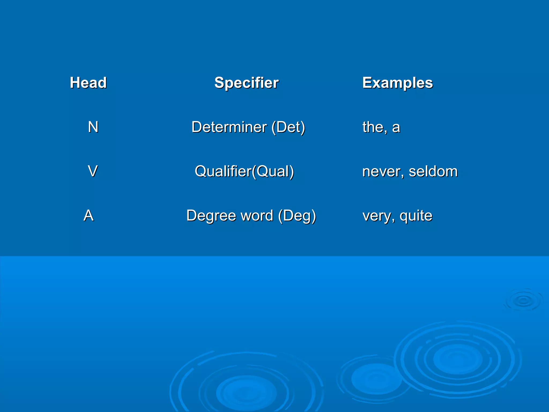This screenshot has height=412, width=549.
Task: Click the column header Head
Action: coord(88,83)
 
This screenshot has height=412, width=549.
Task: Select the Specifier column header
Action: coord(246,83)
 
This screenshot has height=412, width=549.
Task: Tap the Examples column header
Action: coord(398,83)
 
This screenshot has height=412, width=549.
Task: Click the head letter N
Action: coord(93,127)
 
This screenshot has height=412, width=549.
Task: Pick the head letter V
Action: coord(93,171)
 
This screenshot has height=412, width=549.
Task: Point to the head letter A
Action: coord(88,215)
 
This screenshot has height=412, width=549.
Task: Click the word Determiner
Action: coord(229,127)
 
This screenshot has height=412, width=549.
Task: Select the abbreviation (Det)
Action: coord(288,127)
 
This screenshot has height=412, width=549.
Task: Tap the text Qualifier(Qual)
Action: coord(244,171)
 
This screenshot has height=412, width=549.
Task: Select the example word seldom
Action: coord(433,171)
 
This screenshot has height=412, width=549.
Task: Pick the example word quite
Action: coord(416,216)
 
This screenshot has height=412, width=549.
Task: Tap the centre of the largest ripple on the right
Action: coord(458,359)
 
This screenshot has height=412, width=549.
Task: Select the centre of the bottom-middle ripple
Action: coord(246,392)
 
